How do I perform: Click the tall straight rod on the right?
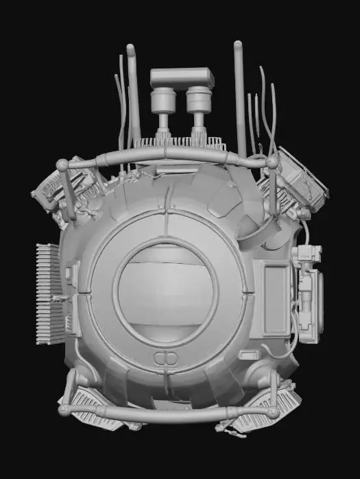(x=240, y=96)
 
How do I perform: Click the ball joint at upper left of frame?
(x=62, y=165)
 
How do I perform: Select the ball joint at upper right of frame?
(x=272, y=162)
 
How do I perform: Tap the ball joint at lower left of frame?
(x=64, y=410)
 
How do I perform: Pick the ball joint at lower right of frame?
(x=274, y=413)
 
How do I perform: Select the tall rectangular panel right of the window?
(x=276, y=299)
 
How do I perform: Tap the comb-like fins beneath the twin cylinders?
(x=181, y=144)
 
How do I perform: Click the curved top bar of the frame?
(x=168, y=157)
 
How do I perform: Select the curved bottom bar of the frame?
(x=168, y=414)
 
